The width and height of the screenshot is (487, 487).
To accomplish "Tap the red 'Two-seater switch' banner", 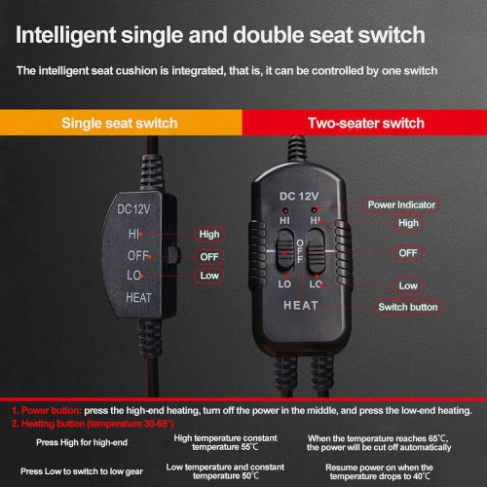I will click(x=365, y=124).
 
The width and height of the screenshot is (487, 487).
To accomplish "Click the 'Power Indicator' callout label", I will click(x=402, y=205).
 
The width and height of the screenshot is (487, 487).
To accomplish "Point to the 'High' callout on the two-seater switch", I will click(x=406, y=223).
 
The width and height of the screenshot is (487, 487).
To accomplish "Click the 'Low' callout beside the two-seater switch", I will click(x=407, y=285).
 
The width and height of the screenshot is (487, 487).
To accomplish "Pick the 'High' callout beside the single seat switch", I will click(x=208, y=234).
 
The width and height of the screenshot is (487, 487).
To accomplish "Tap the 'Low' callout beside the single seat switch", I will click(x=208, y=277).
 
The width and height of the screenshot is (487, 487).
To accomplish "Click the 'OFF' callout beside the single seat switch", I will click(x=208, y=256).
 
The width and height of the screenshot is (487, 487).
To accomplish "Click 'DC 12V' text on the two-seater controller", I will click(x=300, y=197).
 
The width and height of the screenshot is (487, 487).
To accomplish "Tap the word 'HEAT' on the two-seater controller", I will click(x=300, y=305).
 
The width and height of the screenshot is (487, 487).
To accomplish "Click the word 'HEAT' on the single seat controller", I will click(x=138, y=297).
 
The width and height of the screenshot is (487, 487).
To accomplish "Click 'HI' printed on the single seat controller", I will click(x=134, y=234).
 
